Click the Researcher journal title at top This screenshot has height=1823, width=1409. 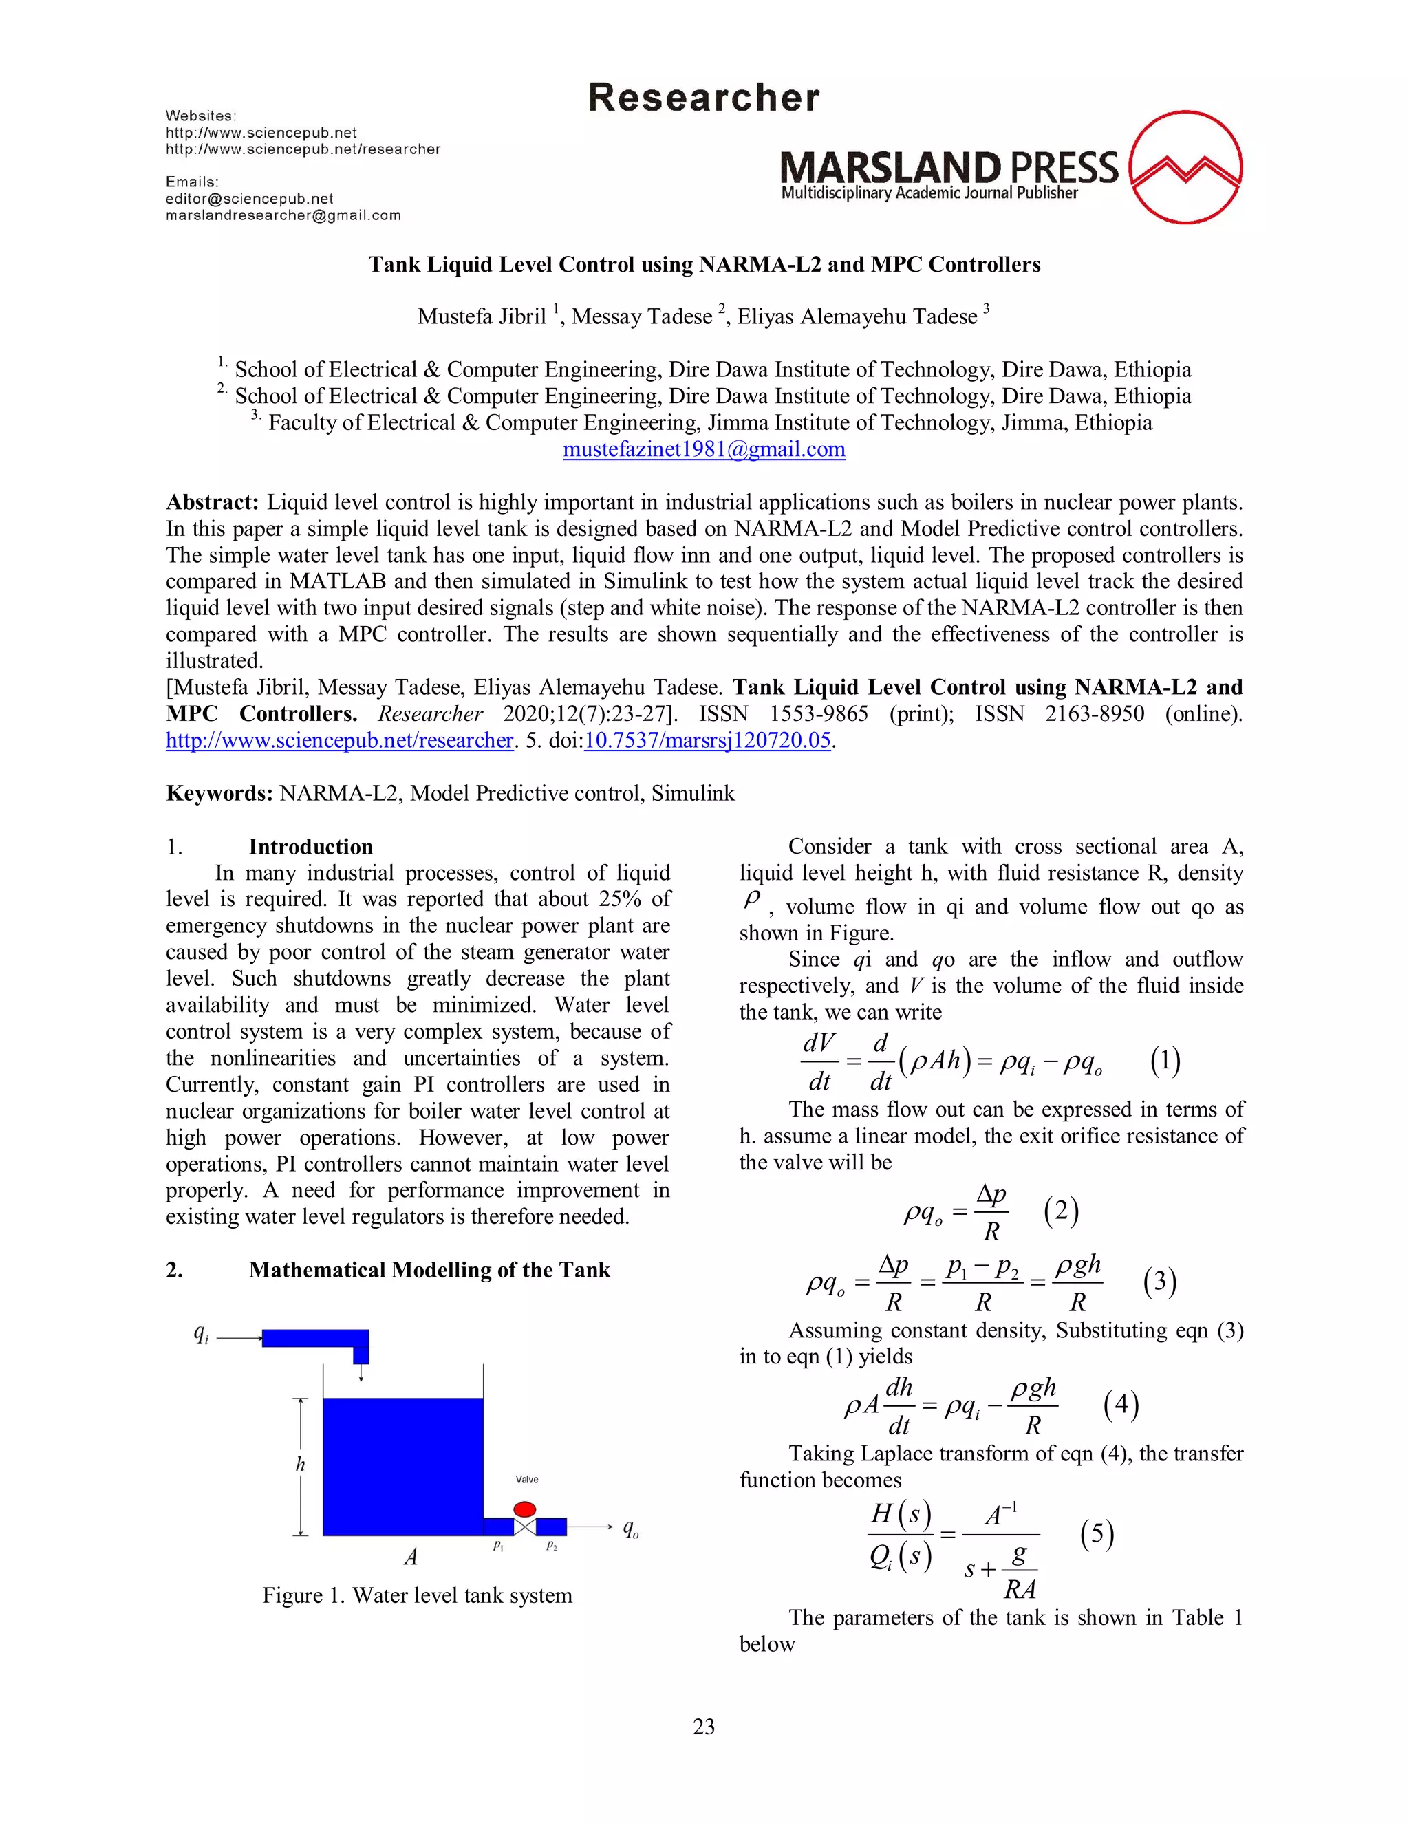(x=704, y=98)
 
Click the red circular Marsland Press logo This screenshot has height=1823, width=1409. (x=1185, y=167)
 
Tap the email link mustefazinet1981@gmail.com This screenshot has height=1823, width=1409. (x=704, y=449)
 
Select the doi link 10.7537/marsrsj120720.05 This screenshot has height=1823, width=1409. (x=707, y=740)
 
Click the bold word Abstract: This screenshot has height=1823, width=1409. (x=213, y=502)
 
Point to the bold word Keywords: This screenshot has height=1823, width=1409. (x=219, y=793)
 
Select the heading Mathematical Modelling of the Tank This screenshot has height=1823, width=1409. (x=429, y=1270)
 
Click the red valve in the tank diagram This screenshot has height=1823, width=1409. (x=524, y=1509)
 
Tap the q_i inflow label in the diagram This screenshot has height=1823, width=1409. (x=200, y=1334)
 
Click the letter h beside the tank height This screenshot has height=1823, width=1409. (x=301, y=1465)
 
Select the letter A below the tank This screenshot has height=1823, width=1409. (x=411, y=1557)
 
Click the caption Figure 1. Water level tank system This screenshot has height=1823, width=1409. (x=418, y=1595)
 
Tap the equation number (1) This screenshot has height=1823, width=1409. (x=1165, y=1061)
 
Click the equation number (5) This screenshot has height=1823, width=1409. (x=1097, y=1533)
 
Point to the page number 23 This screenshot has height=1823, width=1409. (x=704, y=1726)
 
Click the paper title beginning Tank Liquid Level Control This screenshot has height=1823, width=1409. (x=704, y=265)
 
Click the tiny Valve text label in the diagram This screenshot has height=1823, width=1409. (x=527, y=1480)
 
